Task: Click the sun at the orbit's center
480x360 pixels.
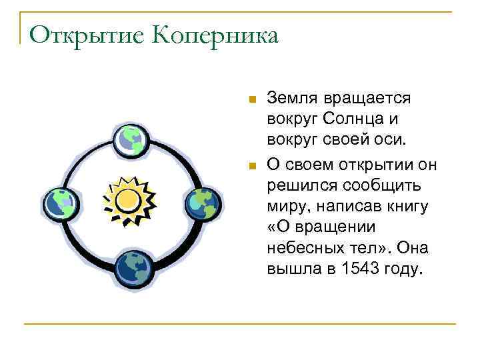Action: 129,198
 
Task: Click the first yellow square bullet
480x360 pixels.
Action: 251,100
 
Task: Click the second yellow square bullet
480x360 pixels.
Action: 251,165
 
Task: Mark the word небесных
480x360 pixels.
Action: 299,249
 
